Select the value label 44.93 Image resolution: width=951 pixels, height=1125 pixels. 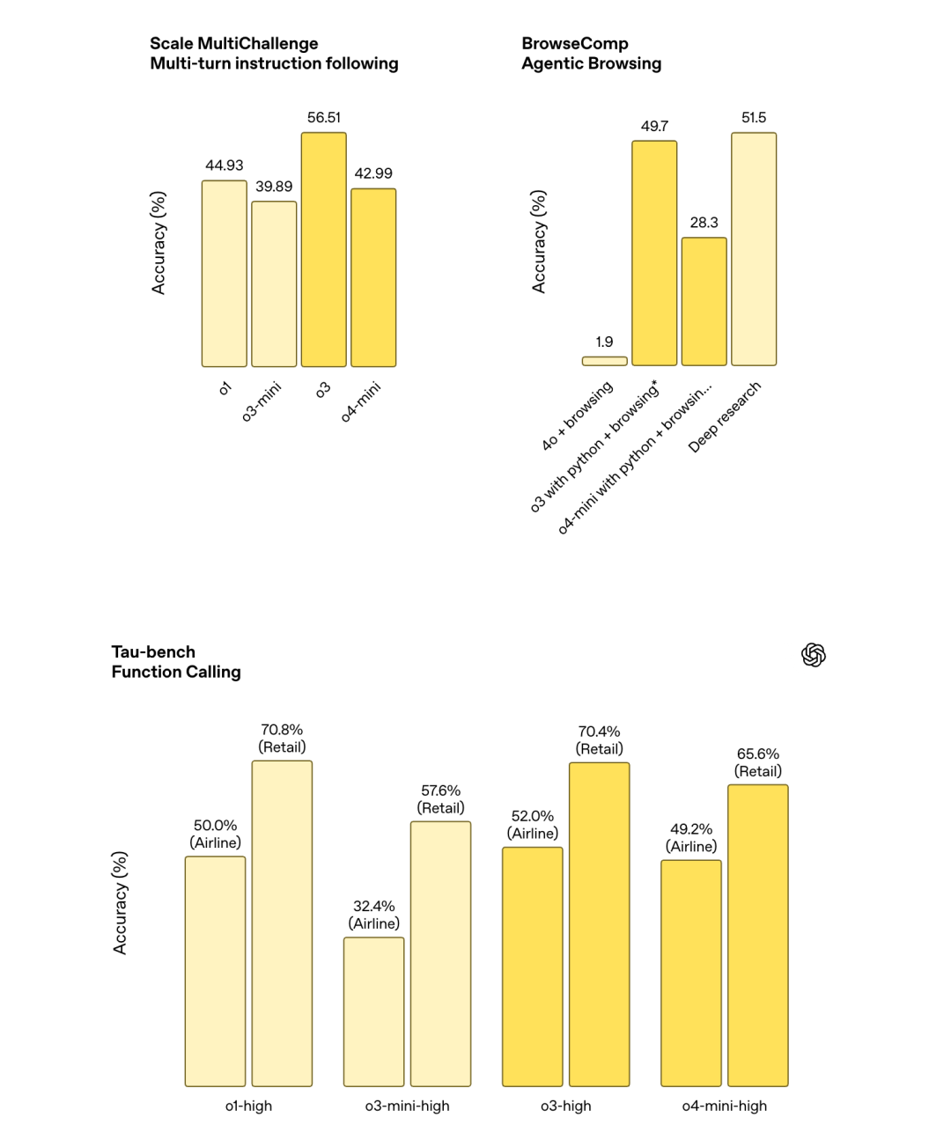pyautogui.click(x=225, y=165)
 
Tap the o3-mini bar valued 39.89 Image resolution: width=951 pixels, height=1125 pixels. pyautogui.click(x=274, y=283)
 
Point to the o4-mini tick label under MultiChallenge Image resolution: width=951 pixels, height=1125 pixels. pyautogui.click(x=361, y=401)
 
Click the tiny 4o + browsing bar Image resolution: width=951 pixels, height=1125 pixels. pyautogui.click(x=604, y=361)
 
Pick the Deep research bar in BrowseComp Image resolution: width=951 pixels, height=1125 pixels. pyautogui.click(x=754, y=249)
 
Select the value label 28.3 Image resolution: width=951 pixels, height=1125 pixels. pyautogui.click(x=704, y=223)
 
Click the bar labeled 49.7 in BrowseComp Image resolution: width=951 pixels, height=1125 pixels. pyautogui.click(x=654, y=253)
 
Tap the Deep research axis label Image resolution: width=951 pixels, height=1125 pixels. pyautogui.click(x=725, y=417)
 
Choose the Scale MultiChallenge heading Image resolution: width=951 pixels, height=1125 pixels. pyautogui.click(x=274, y=54)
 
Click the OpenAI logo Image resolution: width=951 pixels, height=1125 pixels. pyautogui.click(x=814, y=655)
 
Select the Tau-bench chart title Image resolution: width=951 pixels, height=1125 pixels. pyautogui.click(x=176, y=662)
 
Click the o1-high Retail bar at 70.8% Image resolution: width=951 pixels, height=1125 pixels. pyautogui.click(x=282, y=923)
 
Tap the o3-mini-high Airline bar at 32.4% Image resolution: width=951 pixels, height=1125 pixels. pyautogui.click(x=374, y=1011)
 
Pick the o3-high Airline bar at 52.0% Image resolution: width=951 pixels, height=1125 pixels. pyautogui.click(x=533, y=967)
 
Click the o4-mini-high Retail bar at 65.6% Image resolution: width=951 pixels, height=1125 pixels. pyautogui.click(x=758, y=935)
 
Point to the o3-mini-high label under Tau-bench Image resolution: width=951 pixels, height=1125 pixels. pyautogui.click(x=408, y=1106)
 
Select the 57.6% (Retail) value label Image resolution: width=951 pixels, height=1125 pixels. pyautogui.click(x=440, y=799)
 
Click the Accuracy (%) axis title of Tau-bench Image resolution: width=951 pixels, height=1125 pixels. pyautogui.click(x=121, y=902)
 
